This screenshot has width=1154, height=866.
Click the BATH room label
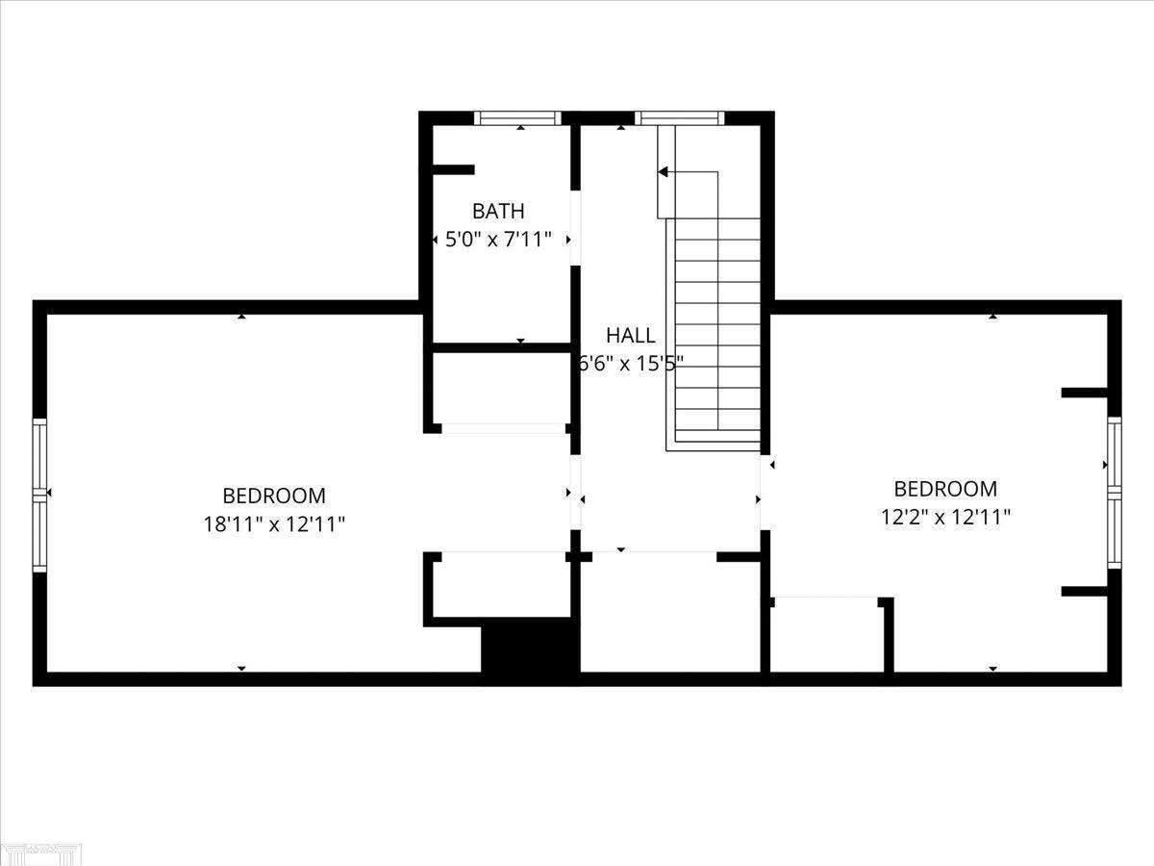tap(498, 211)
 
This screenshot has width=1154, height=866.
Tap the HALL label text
tap(631, 336)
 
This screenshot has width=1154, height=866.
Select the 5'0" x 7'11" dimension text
tap(498, 240)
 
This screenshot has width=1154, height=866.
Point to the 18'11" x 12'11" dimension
tap(274, 524)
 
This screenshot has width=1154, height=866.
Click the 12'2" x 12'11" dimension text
tap(945, 517)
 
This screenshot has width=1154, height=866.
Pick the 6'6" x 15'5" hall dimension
tap(631, 364)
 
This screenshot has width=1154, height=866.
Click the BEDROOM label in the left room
tap(274, 497)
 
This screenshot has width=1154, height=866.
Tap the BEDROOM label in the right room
tap(945, 489)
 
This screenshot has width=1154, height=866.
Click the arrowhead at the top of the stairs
tap(663, 172)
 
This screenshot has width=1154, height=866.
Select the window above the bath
tap(517, 118)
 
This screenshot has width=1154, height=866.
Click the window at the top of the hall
tap(679, 118)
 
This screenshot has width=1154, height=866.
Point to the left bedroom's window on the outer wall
tap(39, 493)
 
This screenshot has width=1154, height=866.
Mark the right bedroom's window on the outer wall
tap(1114, 492)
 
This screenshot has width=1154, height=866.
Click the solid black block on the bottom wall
tap(530, 649)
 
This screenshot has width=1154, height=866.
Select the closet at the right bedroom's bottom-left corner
tap(825, 634)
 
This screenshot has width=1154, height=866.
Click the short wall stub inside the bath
tap(453, 170)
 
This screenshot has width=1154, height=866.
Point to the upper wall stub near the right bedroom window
tap(1085, 393)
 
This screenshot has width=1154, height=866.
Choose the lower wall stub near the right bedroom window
tap(1085, 591)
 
